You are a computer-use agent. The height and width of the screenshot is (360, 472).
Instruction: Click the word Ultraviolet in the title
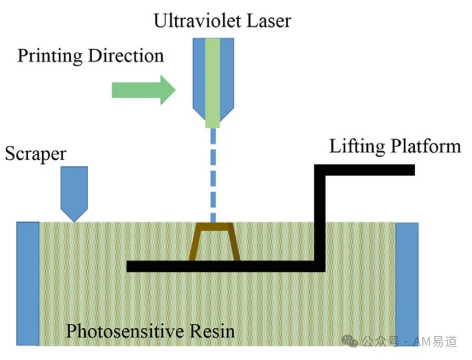pyautogui.click(x=197, y=21)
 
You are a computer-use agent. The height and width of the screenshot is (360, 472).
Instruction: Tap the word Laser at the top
pyautogui.click(x=269, y=21)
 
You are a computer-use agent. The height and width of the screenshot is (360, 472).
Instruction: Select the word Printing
pyautogui.click(x=50, y=57)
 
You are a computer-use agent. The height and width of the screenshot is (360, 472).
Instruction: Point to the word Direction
pyautogui.click(x=126, y=56)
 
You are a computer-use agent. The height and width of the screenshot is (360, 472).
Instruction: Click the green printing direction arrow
pyautogui.click(x=144, y=90)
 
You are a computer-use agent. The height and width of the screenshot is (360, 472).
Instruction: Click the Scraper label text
pyautogui.click(x=36, y=154)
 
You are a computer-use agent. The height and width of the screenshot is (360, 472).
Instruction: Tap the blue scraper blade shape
pyautogui.click(x=74, y=194)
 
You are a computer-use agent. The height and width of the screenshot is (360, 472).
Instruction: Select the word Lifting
pyautogui.click(x=357, y=147)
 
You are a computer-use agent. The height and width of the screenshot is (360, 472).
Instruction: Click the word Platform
pyautogui.click(x=426, y=146)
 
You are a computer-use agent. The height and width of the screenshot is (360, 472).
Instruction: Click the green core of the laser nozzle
pyautogui.click(x=213, y=83)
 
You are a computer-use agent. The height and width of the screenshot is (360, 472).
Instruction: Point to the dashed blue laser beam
pyautogui.click(x=213, y=175)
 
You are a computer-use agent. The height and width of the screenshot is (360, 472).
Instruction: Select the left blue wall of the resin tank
pyautogui.click(x=28, y=284)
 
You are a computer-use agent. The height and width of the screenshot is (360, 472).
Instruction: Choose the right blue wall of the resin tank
pyautogui.click(x=406, y=284)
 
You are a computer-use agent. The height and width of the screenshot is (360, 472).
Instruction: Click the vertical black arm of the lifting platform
pyautogui.click(x=320, y=218)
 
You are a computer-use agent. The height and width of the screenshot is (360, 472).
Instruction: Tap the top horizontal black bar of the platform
pyautogui.click(x=365, y=170)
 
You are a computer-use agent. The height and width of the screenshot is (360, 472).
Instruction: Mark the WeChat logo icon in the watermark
pyautogui.click(x=350, y=341)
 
